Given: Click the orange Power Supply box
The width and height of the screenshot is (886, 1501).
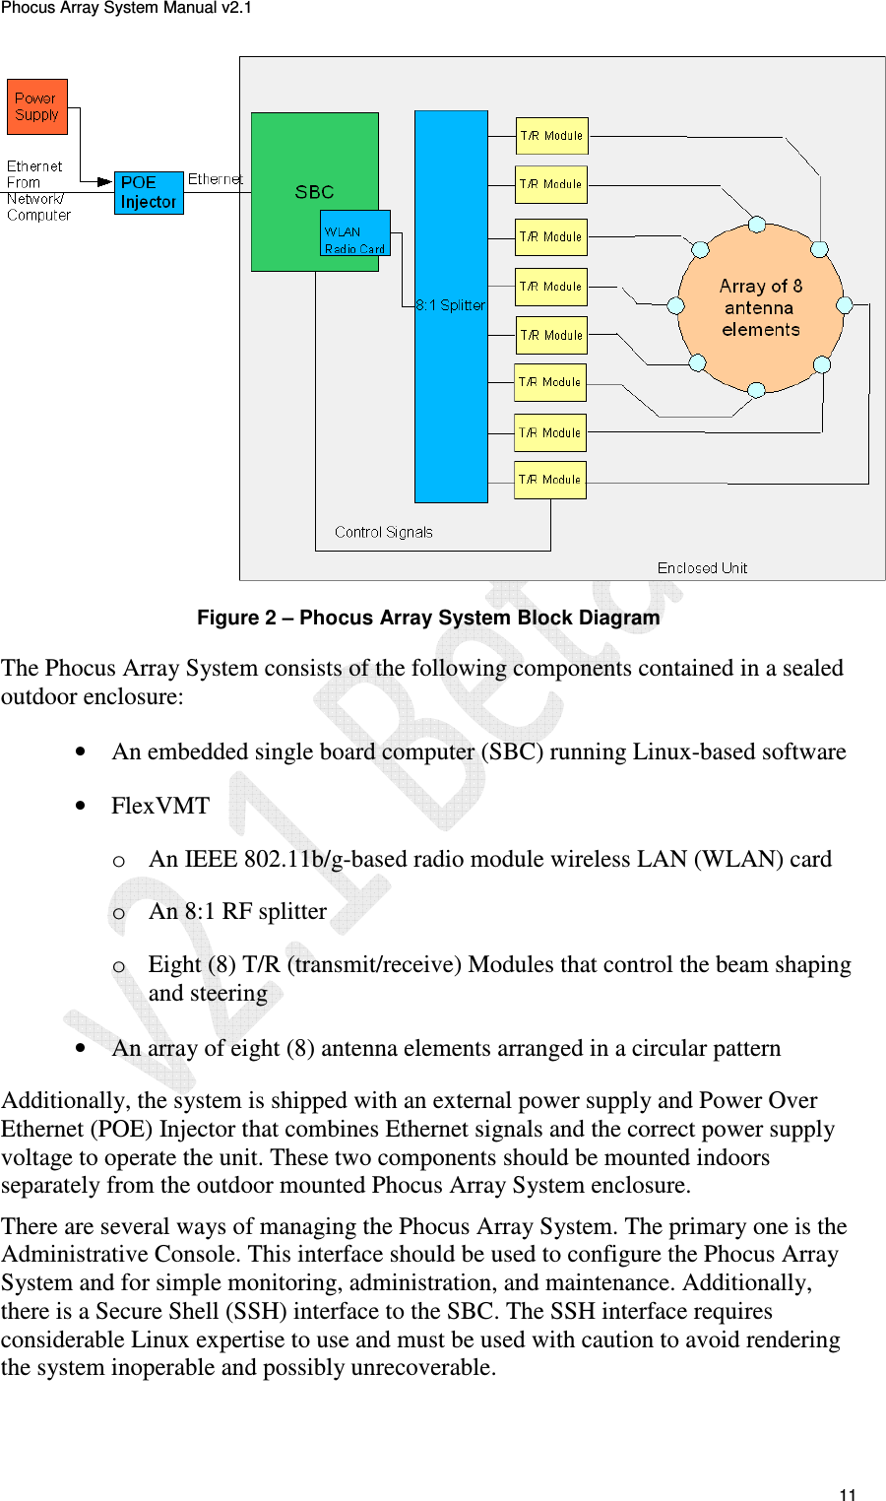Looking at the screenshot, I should click(x=37, y=106).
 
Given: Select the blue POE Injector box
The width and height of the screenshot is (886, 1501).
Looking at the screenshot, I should click(x=149, y=192).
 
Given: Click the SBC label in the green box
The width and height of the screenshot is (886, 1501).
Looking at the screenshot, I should click(x=314, y=192).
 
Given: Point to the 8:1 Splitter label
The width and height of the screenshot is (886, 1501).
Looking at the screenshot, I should click(x=451, y=305).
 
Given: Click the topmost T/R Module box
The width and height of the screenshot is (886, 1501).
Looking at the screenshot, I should click(x=552, y=136).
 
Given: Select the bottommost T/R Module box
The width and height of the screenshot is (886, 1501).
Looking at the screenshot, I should click(x=550, y=480).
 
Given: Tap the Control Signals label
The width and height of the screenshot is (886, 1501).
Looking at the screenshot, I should click(x=383, y=532).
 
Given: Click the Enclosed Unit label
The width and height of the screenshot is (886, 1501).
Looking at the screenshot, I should click(x=702, y=568).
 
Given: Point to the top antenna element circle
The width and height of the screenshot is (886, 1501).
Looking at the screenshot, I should click(x=757, y=225).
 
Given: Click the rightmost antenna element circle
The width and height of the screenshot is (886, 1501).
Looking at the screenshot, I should click(x=844, y=305).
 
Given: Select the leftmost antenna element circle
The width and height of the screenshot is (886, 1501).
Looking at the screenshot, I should click(x=676, y=305).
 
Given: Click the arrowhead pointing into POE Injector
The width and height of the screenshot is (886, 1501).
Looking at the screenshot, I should click(x=105, y=181).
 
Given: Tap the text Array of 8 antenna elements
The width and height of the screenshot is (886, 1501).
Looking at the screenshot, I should click(x=760, y=307).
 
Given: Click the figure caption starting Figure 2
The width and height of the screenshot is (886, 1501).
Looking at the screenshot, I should click(x=428, y=618).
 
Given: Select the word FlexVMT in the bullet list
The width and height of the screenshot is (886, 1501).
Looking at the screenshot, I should click(x=160, y=806).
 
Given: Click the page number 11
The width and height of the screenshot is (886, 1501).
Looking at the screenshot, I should click(x=848, y=1494).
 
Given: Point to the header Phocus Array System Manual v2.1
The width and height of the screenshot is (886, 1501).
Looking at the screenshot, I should click(x=126, y=8).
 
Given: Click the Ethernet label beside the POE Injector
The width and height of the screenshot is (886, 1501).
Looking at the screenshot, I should click(x=215, y=179).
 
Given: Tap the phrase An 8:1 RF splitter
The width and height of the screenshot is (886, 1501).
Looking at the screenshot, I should click(x=237, y=911).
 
